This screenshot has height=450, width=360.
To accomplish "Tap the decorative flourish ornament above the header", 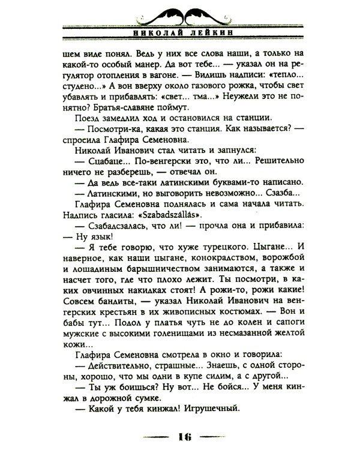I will pyautogui.click(x=180, y=11).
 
